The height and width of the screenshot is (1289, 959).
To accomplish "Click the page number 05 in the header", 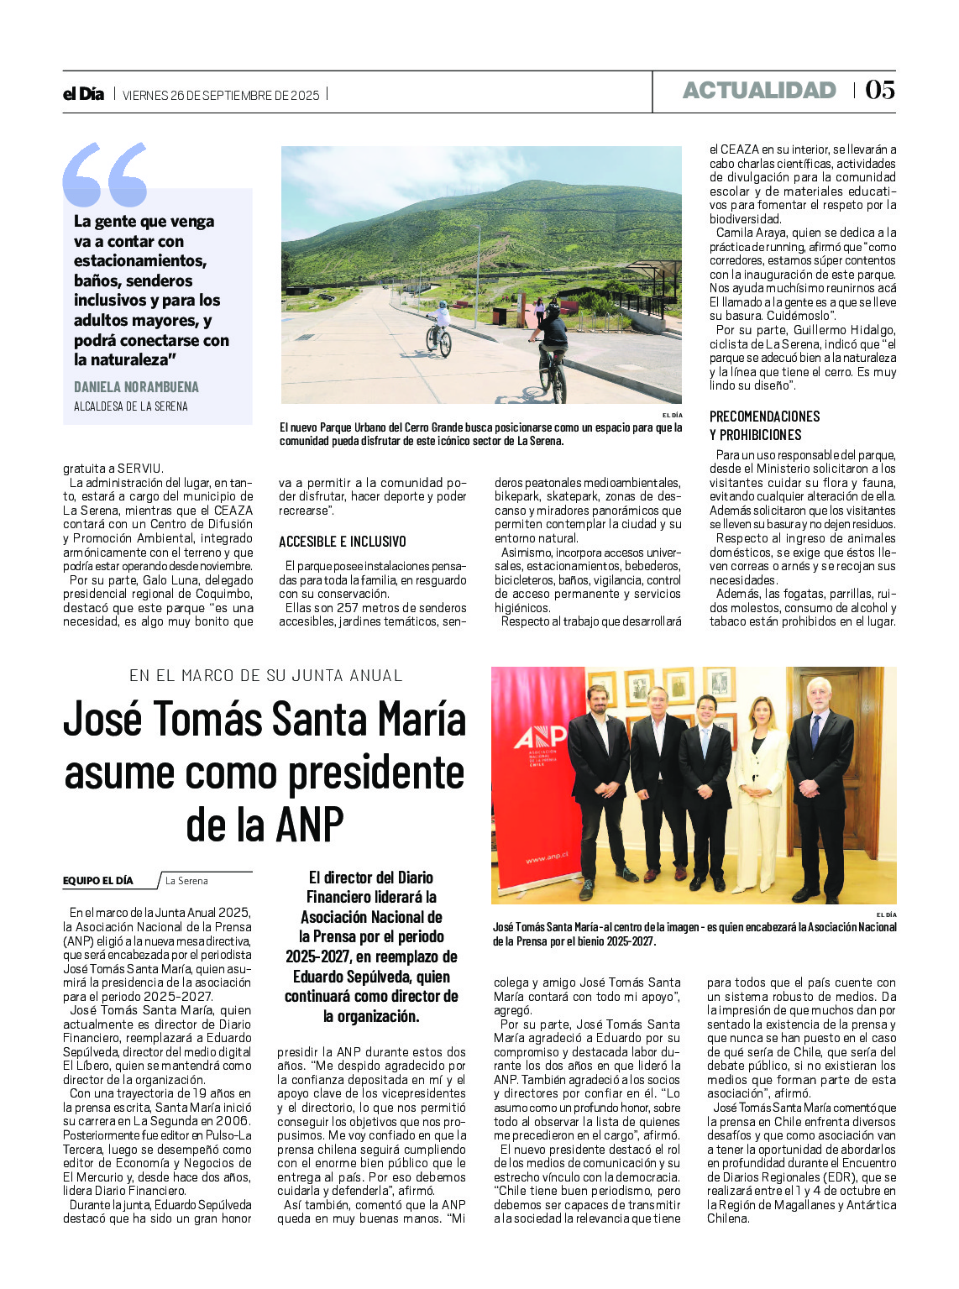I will (x=880, y=90).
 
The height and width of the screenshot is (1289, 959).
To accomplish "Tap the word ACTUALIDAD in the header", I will (x=759, y=91).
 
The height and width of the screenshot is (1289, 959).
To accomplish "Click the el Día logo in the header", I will (x=83, y=94).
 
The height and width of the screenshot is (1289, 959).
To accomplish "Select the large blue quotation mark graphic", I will (x=104, y=175).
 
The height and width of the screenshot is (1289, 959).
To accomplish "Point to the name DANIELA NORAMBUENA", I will (x=136, y=387).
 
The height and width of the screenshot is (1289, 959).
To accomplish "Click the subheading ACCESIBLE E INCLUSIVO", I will (x=342, y=542).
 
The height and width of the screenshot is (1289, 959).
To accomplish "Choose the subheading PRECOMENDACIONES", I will (x=764, y=417).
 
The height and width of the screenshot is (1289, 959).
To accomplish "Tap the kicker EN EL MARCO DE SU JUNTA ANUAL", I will (x=265, y=675).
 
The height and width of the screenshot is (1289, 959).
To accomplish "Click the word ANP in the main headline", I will (x=307, y=825).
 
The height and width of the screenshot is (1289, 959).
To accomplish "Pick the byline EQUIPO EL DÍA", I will (x=97, y=881).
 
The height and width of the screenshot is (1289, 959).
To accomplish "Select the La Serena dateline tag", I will (x=186, y=881).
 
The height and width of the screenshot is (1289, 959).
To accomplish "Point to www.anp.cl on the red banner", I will (x=547, y=857).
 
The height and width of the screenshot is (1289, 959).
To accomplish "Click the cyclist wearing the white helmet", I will (x=439, y=327).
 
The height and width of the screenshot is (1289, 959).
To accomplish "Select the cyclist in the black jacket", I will (x=552, y=344).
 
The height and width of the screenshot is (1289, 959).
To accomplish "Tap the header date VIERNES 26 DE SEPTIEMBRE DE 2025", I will (x=221, y=95).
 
